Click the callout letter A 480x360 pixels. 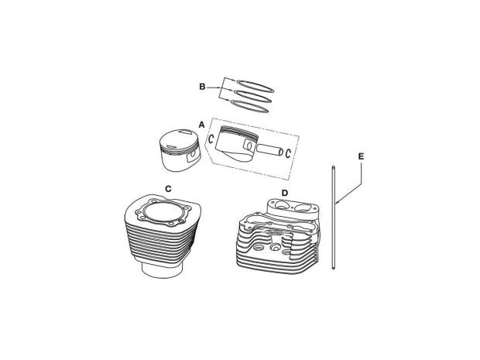click(x=201, y=124)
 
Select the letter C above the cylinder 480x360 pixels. click(x=168, y=188)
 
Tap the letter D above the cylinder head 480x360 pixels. click(x=284, y=193)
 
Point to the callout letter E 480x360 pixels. click(x=362, y=156)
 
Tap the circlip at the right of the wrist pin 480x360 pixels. click(x=288, y=151)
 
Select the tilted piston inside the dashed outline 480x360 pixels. click(x=238, y=142)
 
